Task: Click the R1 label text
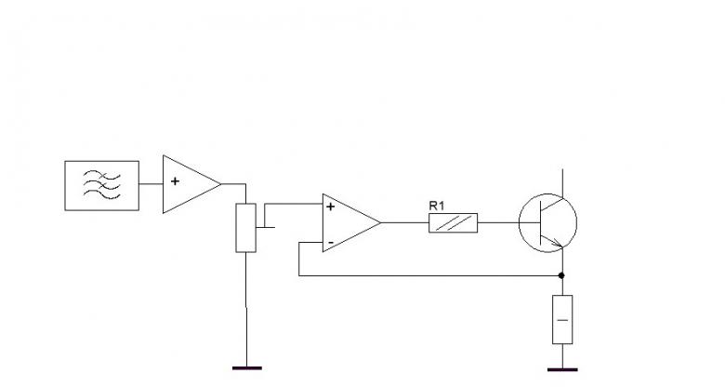[x=437, y=206]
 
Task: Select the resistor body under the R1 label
[x=454, y=222]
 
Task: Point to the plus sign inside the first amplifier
[x=175, y=181]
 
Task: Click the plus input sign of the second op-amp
[x=330, y=207]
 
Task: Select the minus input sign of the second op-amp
[x=331, y=243]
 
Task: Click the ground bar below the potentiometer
[x=247, y=368]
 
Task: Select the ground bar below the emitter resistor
[x=562, y=369]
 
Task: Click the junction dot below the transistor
[x=561, y=275]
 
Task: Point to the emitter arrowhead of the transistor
[x=558, y=244]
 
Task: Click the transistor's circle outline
[x=519, y=222]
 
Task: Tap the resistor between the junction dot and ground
[x=562, y=319]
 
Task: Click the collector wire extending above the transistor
[x=562, y=183]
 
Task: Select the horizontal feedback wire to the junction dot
[x=430, y=276]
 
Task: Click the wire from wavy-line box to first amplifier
[x=151, y=184]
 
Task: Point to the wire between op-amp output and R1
[x=405, y=222]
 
